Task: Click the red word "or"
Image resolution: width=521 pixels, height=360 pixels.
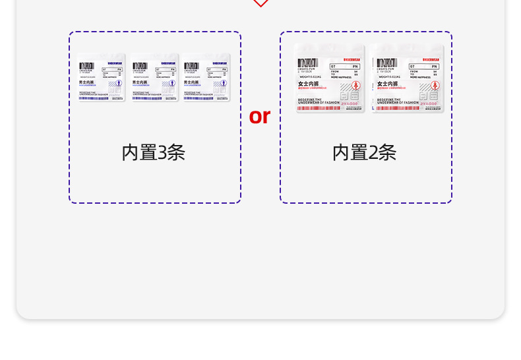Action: tap(260, 116)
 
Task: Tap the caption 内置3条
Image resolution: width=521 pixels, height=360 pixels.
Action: tap(154, 152)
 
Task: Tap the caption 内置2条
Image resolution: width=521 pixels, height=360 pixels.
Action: tap(364, 152)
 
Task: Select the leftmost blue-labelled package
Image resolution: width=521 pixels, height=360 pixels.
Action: tap(102, 77)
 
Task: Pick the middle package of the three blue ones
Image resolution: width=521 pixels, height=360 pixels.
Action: tap(154, 77)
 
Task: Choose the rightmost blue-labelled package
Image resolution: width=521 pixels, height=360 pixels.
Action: tap(207, 77)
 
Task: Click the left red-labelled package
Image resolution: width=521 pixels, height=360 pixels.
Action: tap(330, 78)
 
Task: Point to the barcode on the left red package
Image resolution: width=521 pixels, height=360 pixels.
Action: tap(307, 62)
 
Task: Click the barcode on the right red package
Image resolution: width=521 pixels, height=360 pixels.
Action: tap(386, 62)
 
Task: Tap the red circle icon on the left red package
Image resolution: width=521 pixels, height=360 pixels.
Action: tap(356, 85)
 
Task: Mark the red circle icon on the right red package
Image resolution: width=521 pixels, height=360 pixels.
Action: tap(435, 85)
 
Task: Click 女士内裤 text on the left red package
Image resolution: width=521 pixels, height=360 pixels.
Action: tap(308, 84)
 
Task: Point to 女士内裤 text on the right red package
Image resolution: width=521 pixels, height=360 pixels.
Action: tap(387, 84)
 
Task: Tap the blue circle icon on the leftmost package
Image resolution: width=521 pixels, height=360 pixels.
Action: tap(119, 84)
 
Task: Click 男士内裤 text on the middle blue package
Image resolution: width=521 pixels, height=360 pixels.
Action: tap(138, 82)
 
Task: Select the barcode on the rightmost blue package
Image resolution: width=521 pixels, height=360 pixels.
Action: tap(191, 66)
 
